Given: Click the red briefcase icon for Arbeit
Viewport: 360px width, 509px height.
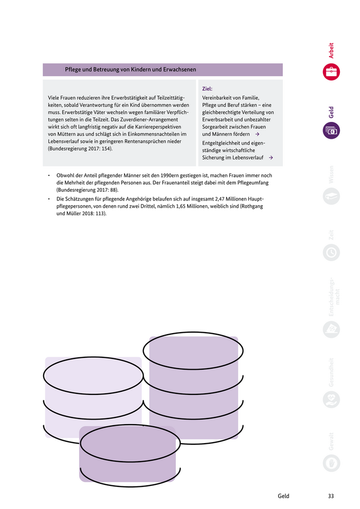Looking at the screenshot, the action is tap(331, 72).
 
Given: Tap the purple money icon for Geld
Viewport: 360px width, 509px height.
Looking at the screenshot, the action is tap(331, 131).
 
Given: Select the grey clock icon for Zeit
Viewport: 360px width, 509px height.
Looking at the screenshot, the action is tap(331, 252).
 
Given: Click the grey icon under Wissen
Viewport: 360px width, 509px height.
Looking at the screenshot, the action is tap(331, 196).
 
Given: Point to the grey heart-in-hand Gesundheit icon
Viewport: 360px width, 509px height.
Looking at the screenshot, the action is tap(331, 399).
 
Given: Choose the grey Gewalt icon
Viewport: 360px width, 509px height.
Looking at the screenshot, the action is tap(331, 463).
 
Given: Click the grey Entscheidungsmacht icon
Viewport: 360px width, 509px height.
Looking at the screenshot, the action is tap(331, 329).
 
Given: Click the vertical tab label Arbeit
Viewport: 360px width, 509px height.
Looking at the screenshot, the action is tap(331, 50).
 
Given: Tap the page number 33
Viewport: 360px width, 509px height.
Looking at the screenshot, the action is tap(331, 496).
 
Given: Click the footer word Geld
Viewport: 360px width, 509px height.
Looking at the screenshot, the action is tap(283, 496).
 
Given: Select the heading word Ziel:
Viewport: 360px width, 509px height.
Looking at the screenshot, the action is tap(207, 88).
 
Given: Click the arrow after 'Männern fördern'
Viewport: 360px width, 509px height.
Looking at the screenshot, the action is tap(257, 134).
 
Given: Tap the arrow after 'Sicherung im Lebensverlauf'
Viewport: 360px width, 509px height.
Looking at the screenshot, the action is tap(271, 158).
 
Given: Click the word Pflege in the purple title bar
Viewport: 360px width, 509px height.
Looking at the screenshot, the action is tap(73, 69).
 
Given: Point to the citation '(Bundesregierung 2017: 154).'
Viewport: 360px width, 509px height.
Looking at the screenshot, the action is tap(80, 149).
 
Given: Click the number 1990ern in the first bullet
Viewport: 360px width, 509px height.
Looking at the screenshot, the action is tap(172, 175).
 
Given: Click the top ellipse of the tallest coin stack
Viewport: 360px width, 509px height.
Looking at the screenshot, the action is tap(193, 351).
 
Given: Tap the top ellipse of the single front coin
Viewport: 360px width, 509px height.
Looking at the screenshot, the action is tap(130, 443).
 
